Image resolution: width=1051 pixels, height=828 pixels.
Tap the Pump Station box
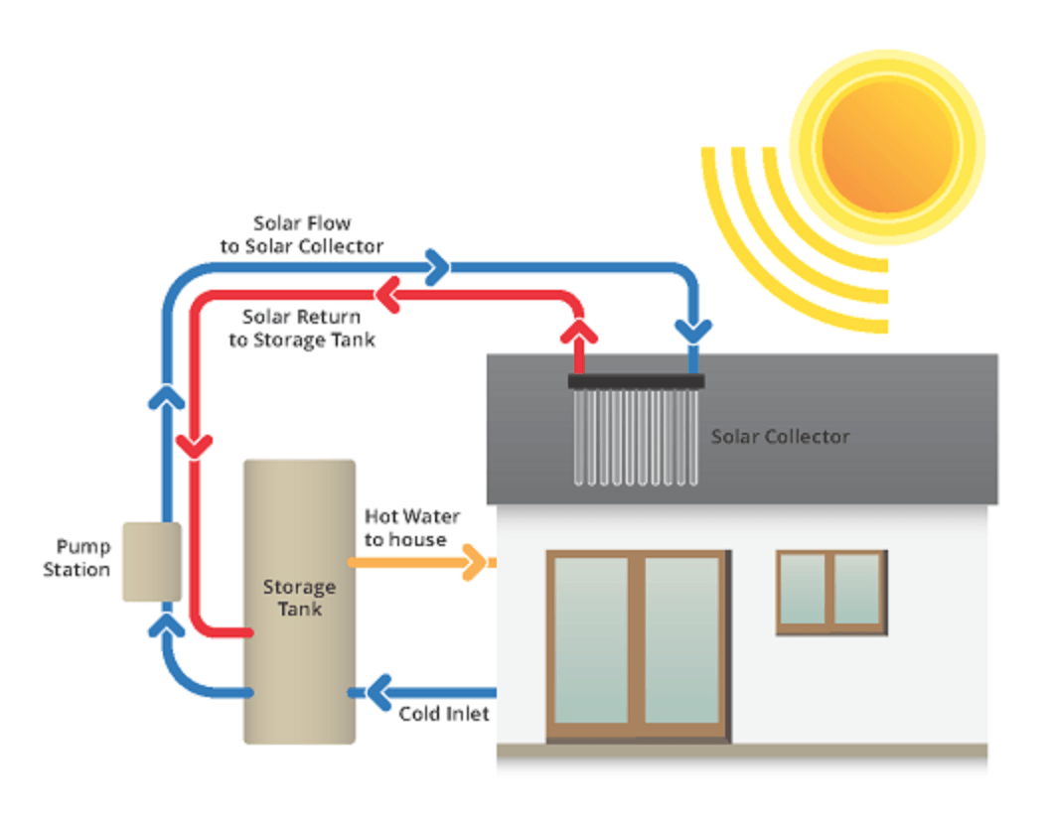coord(151,562)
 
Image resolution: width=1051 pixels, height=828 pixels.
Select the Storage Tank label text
coord(299,598)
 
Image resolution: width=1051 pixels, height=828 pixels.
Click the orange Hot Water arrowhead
coord(478,563)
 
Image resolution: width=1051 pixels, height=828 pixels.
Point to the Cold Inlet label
coord(444,714)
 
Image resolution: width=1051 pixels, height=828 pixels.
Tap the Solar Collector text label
coord(780,437)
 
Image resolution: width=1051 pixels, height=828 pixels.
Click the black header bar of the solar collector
coord(636,381)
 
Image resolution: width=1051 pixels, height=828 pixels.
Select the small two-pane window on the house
coord(830,592)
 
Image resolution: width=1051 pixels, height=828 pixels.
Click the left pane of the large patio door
coord(591,640)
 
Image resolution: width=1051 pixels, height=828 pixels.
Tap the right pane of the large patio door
coord(682,640)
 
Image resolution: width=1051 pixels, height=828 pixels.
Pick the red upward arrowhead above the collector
coord(577,329)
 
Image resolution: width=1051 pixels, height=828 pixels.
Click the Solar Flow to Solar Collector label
coord(302,235)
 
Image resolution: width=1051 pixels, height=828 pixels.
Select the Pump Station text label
coord(78,559)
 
